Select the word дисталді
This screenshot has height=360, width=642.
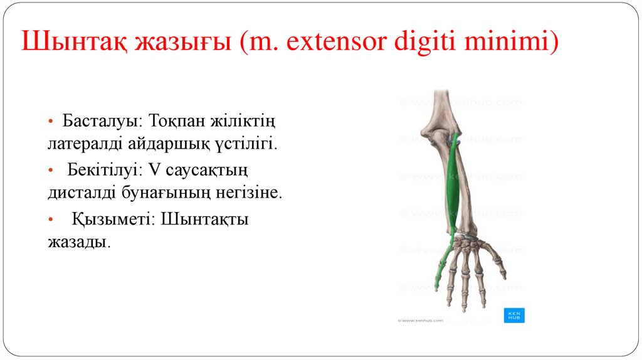[x=80, y=193]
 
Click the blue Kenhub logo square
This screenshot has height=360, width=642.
[x=513, y=315]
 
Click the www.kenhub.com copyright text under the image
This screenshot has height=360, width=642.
[x=420, y=320]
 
